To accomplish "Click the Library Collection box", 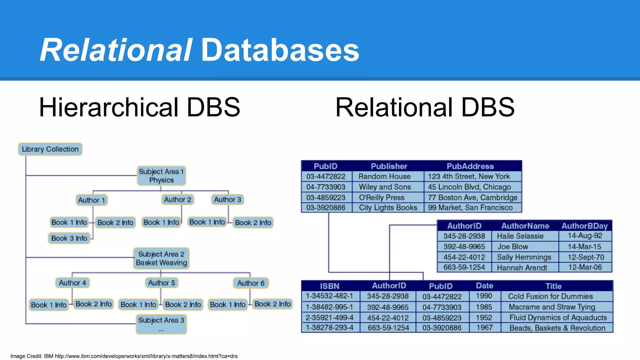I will point(50,149).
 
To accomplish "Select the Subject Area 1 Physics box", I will point(161,176).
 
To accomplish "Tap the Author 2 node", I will point(177,199).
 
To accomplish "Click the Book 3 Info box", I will point(69,238).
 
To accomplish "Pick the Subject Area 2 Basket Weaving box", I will point(161,258).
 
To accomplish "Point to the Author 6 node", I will point(251,283).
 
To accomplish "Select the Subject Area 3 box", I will point(161,324).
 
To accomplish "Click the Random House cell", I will point(384,176).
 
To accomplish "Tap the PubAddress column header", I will point(470,166).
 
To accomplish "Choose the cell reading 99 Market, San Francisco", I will point(470,207).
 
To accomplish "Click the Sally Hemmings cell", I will point(524,257).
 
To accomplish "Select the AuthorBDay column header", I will point(584,226).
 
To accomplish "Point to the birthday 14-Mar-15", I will point(584,247).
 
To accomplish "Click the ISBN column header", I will point(329,286).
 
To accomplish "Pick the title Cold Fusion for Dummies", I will point(550,296).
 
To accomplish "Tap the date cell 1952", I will point(484,317).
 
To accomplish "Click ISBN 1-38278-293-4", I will point(329,327).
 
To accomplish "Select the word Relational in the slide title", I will point(116,50).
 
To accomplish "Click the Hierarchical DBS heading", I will point(139,107).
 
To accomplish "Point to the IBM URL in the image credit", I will point(146,356).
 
